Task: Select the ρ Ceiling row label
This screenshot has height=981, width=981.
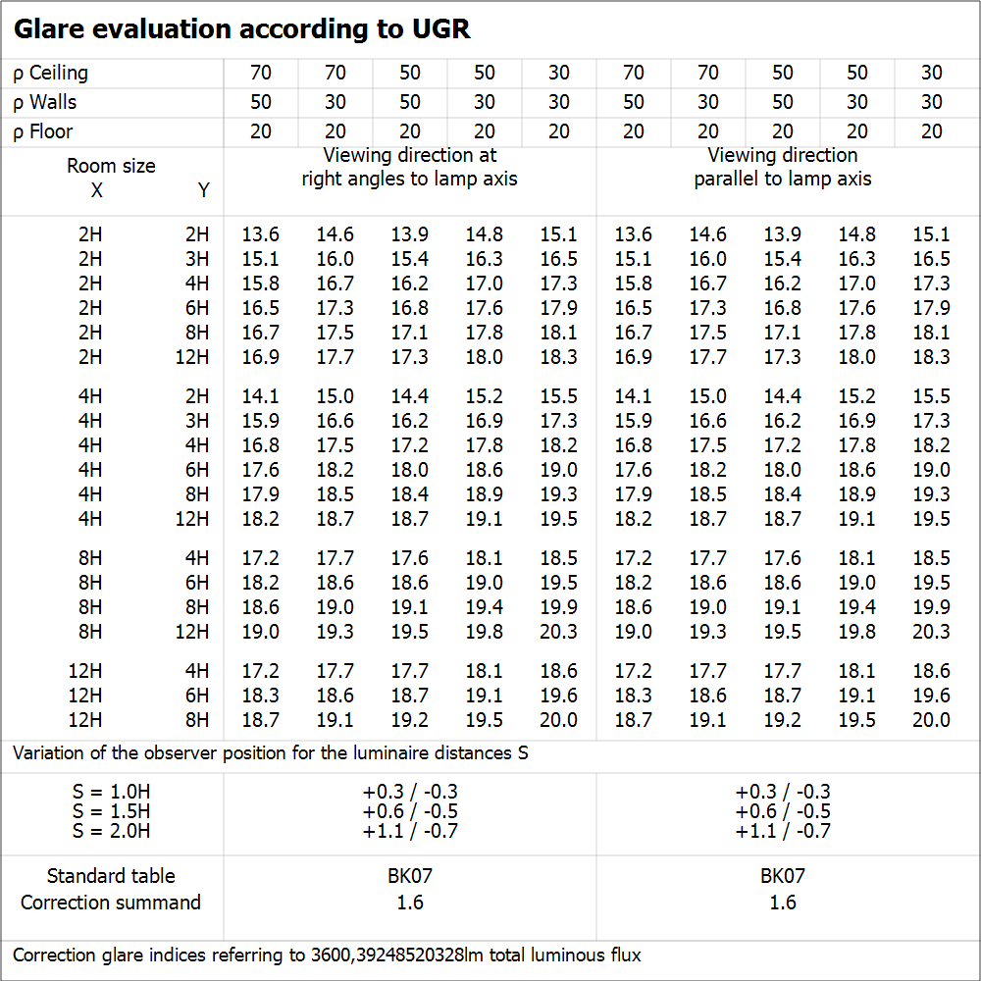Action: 51,73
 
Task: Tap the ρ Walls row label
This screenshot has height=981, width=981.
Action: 45,102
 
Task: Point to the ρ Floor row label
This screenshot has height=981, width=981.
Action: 43,131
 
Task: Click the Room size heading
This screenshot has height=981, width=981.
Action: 111,166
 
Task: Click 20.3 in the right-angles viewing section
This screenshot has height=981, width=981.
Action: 559,632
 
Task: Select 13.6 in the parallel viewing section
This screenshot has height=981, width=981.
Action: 634,234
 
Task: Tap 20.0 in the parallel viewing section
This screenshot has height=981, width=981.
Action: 932,720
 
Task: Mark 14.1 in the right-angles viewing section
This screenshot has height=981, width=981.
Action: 261,396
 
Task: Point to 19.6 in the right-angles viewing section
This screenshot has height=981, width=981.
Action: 559,696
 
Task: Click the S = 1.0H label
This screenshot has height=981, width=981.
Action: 111,792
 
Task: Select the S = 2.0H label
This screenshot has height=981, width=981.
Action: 111,831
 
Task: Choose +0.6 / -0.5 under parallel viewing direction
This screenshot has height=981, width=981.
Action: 783,811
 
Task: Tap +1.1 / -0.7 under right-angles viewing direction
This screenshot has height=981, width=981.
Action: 410,831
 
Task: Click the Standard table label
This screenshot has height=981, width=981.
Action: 111,876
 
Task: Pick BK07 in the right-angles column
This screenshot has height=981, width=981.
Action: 410,876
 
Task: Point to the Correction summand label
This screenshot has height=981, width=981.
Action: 111,903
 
